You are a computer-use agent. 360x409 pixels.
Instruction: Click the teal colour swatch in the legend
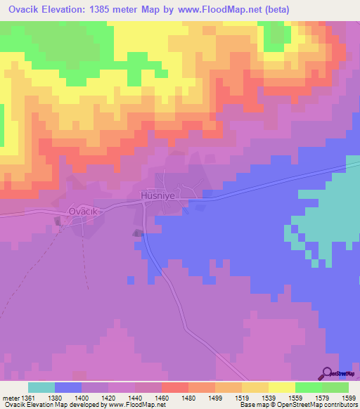click(x=41, y=387)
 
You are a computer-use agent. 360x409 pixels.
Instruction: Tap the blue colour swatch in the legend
click(x=68, y=387)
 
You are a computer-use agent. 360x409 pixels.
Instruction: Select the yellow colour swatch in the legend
click(x=282, y=387)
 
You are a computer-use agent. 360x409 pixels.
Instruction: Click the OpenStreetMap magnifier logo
click(x=328, y=373)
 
